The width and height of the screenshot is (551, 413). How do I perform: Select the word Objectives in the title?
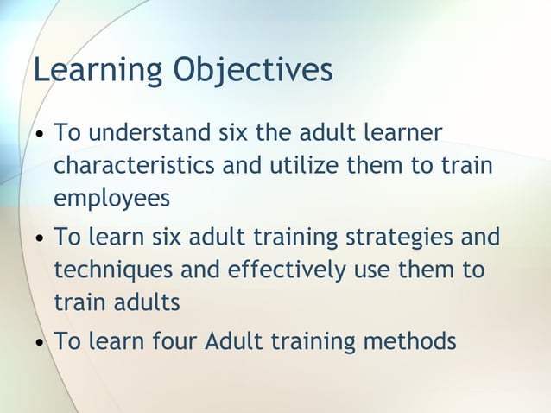pos(253,71)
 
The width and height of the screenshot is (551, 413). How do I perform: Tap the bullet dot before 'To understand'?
pos(41,136)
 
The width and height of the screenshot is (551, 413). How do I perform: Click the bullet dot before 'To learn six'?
pos(41,238)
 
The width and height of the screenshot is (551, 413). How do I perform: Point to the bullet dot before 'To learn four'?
pos(41,342)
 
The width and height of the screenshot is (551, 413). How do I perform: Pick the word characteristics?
pos(136,166)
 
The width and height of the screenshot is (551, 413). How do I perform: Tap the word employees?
pos(112,199)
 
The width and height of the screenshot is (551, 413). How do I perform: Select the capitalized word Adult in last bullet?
pos(235,340)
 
